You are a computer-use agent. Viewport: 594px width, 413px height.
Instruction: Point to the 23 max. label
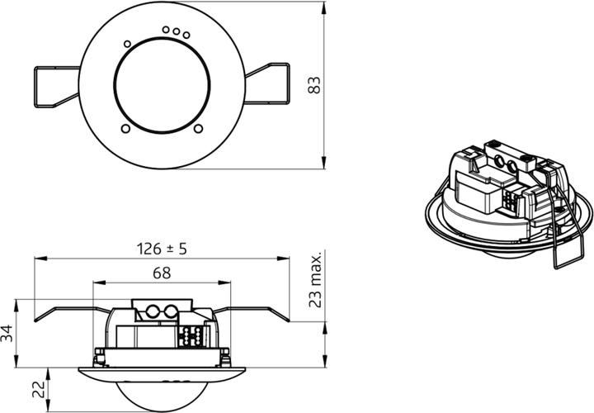(x=313, y=280)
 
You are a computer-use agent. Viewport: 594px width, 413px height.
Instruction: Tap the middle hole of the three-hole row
(x=177, y=31)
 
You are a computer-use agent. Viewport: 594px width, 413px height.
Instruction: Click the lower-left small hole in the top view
(x=125, y=128)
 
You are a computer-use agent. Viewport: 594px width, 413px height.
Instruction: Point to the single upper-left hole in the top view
(x=126, y=44)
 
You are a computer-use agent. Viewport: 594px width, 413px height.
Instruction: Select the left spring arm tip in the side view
(x=35, y=320)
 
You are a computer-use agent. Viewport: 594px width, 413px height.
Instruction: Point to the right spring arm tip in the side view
(x=289, y=320)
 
